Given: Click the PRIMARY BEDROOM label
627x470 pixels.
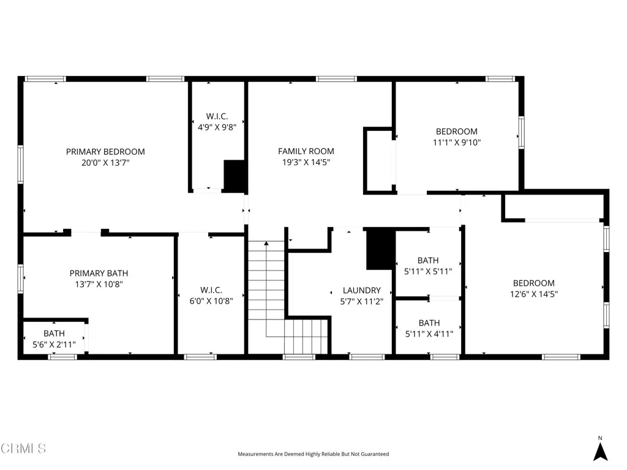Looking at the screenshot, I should tap(105, 152).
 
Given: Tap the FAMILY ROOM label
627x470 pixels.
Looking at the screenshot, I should tap(306, 151).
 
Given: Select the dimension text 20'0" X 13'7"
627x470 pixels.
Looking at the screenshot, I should tap(105, 163).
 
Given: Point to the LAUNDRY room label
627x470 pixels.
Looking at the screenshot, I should tap(361, 290).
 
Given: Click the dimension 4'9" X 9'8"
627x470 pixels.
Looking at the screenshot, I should tap(217, 128).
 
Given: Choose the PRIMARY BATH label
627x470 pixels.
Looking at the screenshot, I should tap(99, 273).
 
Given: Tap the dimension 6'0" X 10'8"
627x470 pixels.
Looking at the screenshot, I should tap(211, 301).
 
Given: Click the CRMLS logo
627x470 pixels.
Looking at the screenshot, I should tap(23, 449).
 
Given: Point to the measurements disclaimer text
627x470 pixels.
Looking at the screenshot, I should tap(313, 454).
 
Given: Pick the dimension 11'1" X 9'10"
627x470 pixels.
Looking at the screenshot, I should tap(456, 143).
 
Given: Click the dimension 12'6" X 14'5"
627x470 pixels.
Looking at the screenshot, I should tap(534, 294).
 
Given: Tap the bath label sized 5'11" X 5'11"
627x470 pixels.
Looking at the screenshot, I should tap(429, 260).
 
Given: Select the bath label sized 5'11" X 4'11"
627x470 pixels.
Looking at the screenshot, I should tap(429, 323).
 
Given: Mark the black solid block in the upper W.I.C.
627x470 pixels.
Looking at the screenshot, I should tap(235, 176).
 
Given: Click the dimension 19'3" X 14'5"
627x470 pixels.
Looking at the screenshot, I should tap(306, 163).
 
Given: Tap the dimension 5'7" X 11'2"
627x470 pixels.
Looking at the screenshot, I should tap(361, 302).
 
